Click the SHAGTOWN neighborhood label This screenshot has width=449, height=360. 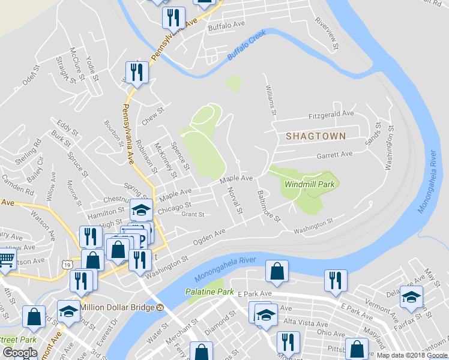click(316, 136)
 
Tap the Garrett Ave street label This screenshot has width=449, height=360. click(334, 154)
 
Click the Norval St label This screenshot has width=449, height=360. click(235, 200)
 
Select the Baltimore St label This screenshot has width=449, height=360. click(268, 206)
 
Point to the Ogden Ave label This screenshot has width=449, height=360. click(208, 236)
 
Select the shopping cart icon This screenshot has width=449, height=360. click(6, 259)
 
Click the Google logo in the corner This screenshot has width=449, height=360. click(20, 353)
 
